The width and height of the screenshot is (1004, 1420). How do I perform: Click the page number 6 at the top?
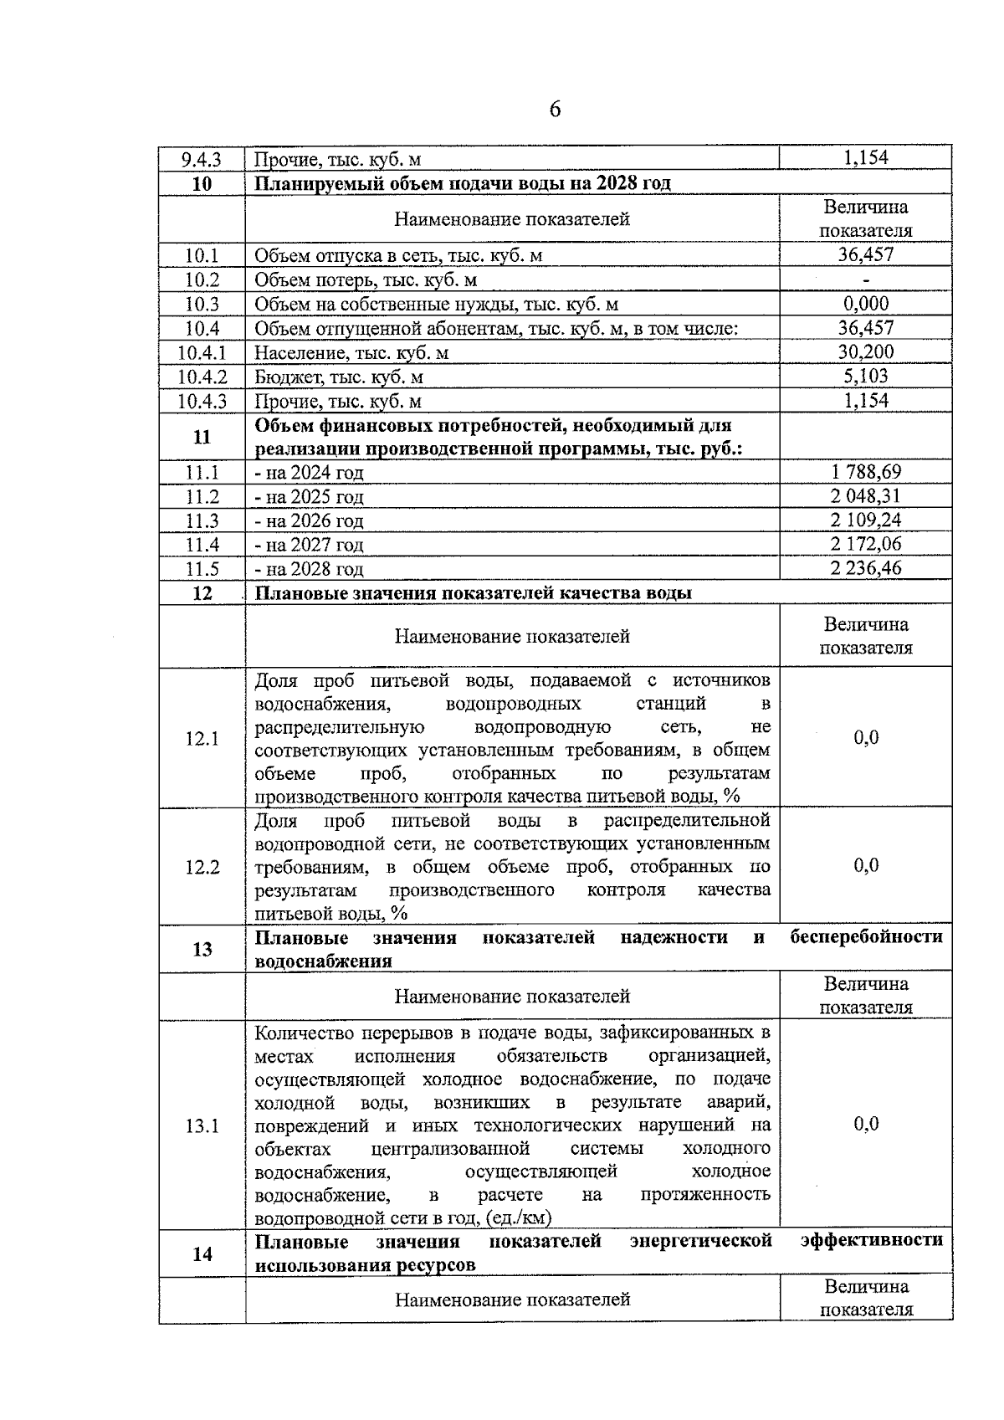click(555, 110)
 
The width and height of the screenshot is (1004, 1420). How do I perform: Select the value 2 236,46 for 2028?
click(866, 568)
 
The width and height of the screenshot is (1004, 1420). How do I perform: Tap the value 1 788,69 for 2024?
click(866, 472)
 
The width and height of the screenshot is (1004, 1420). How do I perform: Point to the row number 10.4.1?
click(202, 352)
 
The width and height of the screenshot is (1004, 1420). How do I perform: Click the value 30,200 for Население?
click(866, 351)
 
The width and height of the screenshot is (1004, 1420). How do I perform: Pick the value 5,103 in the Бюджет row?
click(866, 376)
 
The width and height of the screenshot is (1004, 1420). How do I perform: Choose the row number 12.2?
click(202, 867)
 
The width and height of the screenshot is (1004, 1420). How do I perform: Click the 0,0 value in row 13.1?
click(866, 1124)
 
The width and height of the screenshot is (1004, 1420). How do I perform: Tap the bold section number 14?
click(202, 1253)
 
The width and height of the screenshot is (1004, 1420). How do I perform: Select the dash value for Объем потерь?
click(866, 280)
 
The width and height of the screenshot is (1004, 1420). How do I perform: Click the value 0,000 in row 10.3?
click(866, 303)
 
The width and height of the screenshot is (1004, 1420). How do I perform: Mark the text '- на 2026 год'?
click(310, 521)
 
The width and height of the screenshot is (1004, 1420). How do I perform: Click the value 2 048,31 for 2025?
click(866, 495)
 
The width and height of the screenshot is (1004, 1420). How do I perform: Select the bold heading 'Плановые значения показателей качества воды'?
click(474, 593)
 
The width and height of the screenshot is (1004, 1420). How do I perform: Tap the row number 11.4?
click(202, 545)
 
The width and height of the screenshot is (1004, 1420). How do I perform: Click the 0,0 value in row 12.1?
click(866, 737)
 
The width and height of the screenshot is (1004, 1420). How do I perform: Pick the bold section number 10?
click(202, 183)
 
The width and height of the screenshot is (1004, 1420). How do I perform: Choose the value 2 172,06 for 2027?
click(866, 544)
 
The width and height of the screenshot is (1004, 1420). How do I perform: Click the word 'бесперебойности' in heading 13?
click(866, 936)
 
